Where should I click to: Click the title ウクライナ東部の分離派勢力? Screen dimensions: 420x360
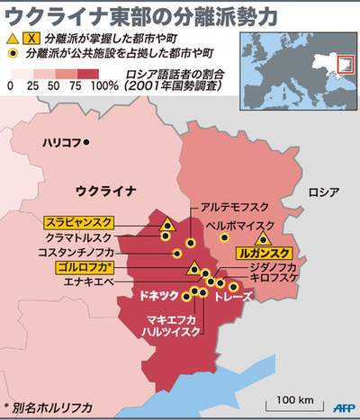pyautogui.click(x=121, y=15)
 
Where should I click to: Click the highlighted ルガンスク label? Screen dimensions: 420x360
pyautogui.click(x=264, y=253)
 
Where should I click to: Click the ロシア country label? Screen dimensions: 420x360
pyautogui.click(x=322, y=192)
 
